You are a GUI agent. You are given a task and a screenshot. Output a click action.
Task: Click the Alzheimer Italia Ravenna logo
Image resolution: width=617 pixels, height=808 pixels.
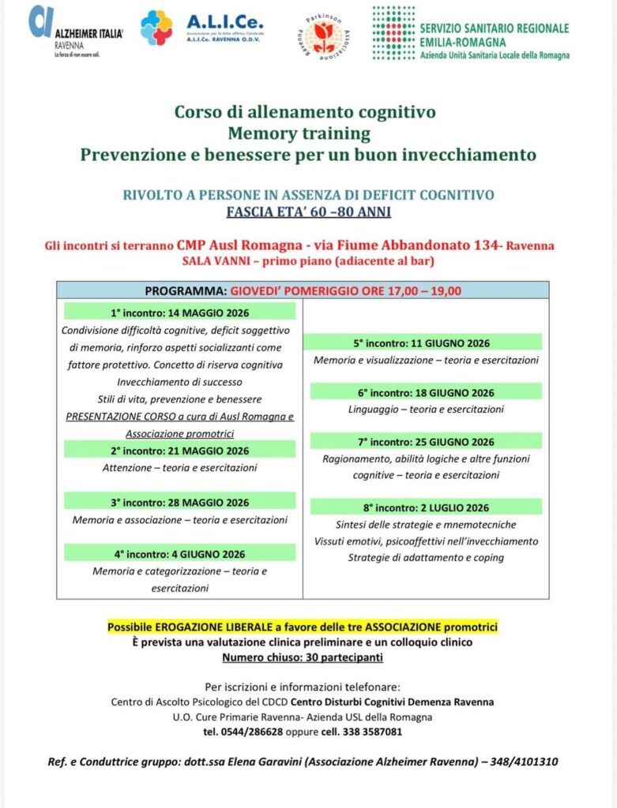coord(75,32)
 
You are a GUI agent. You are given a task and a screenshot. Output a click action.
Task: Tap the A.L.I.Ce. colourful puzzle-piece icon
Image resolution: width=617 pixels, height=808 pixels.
coord(156,28)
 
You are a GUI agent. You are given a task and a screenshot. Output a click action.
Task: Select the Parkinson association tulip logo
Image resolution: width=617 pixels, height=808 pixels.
coord(324,35)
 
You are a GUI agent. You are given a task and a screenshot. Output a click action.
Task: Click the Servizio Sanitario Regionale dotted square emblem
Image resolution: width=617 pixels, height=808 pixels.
coord(393,32)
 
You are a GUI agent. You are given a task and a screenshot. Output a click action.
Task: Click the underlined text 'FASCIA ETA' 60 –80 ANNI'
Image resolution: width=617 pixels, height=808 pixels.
coord(307,211)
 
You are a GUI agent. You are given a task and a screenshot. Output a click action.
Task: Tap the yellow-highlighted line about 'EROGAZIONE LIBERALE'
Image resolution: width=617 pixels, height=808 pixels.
coord(303,627)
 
